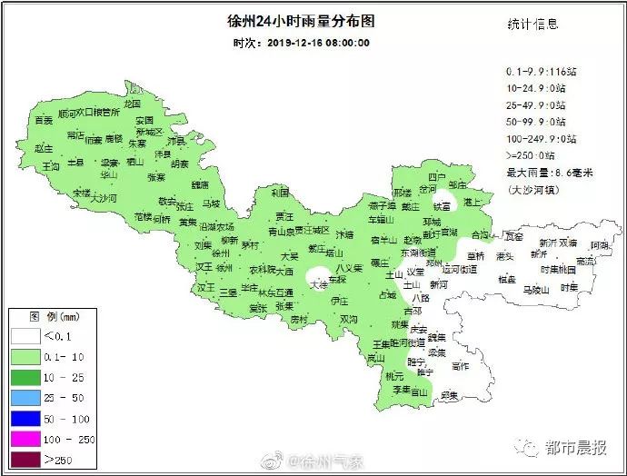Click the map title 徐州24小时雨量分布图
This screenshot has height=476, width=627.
299,21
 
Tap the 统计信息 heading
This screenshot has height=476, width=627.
532,25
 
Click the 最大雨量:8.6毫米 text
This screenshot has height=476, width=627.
550,173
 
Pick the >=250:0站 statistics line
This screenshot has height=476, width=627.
535,155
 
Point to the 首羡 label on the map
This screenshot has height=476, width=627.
44,120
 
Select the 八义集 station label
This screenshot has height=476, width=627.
350,268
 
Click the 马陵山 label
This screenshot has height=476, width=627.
536,289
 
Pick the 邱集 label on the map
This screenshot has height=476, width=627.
448,393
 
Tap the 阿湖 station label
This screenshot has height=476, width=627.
598,245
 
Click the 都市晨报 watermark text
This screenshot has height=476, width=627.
576,447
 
